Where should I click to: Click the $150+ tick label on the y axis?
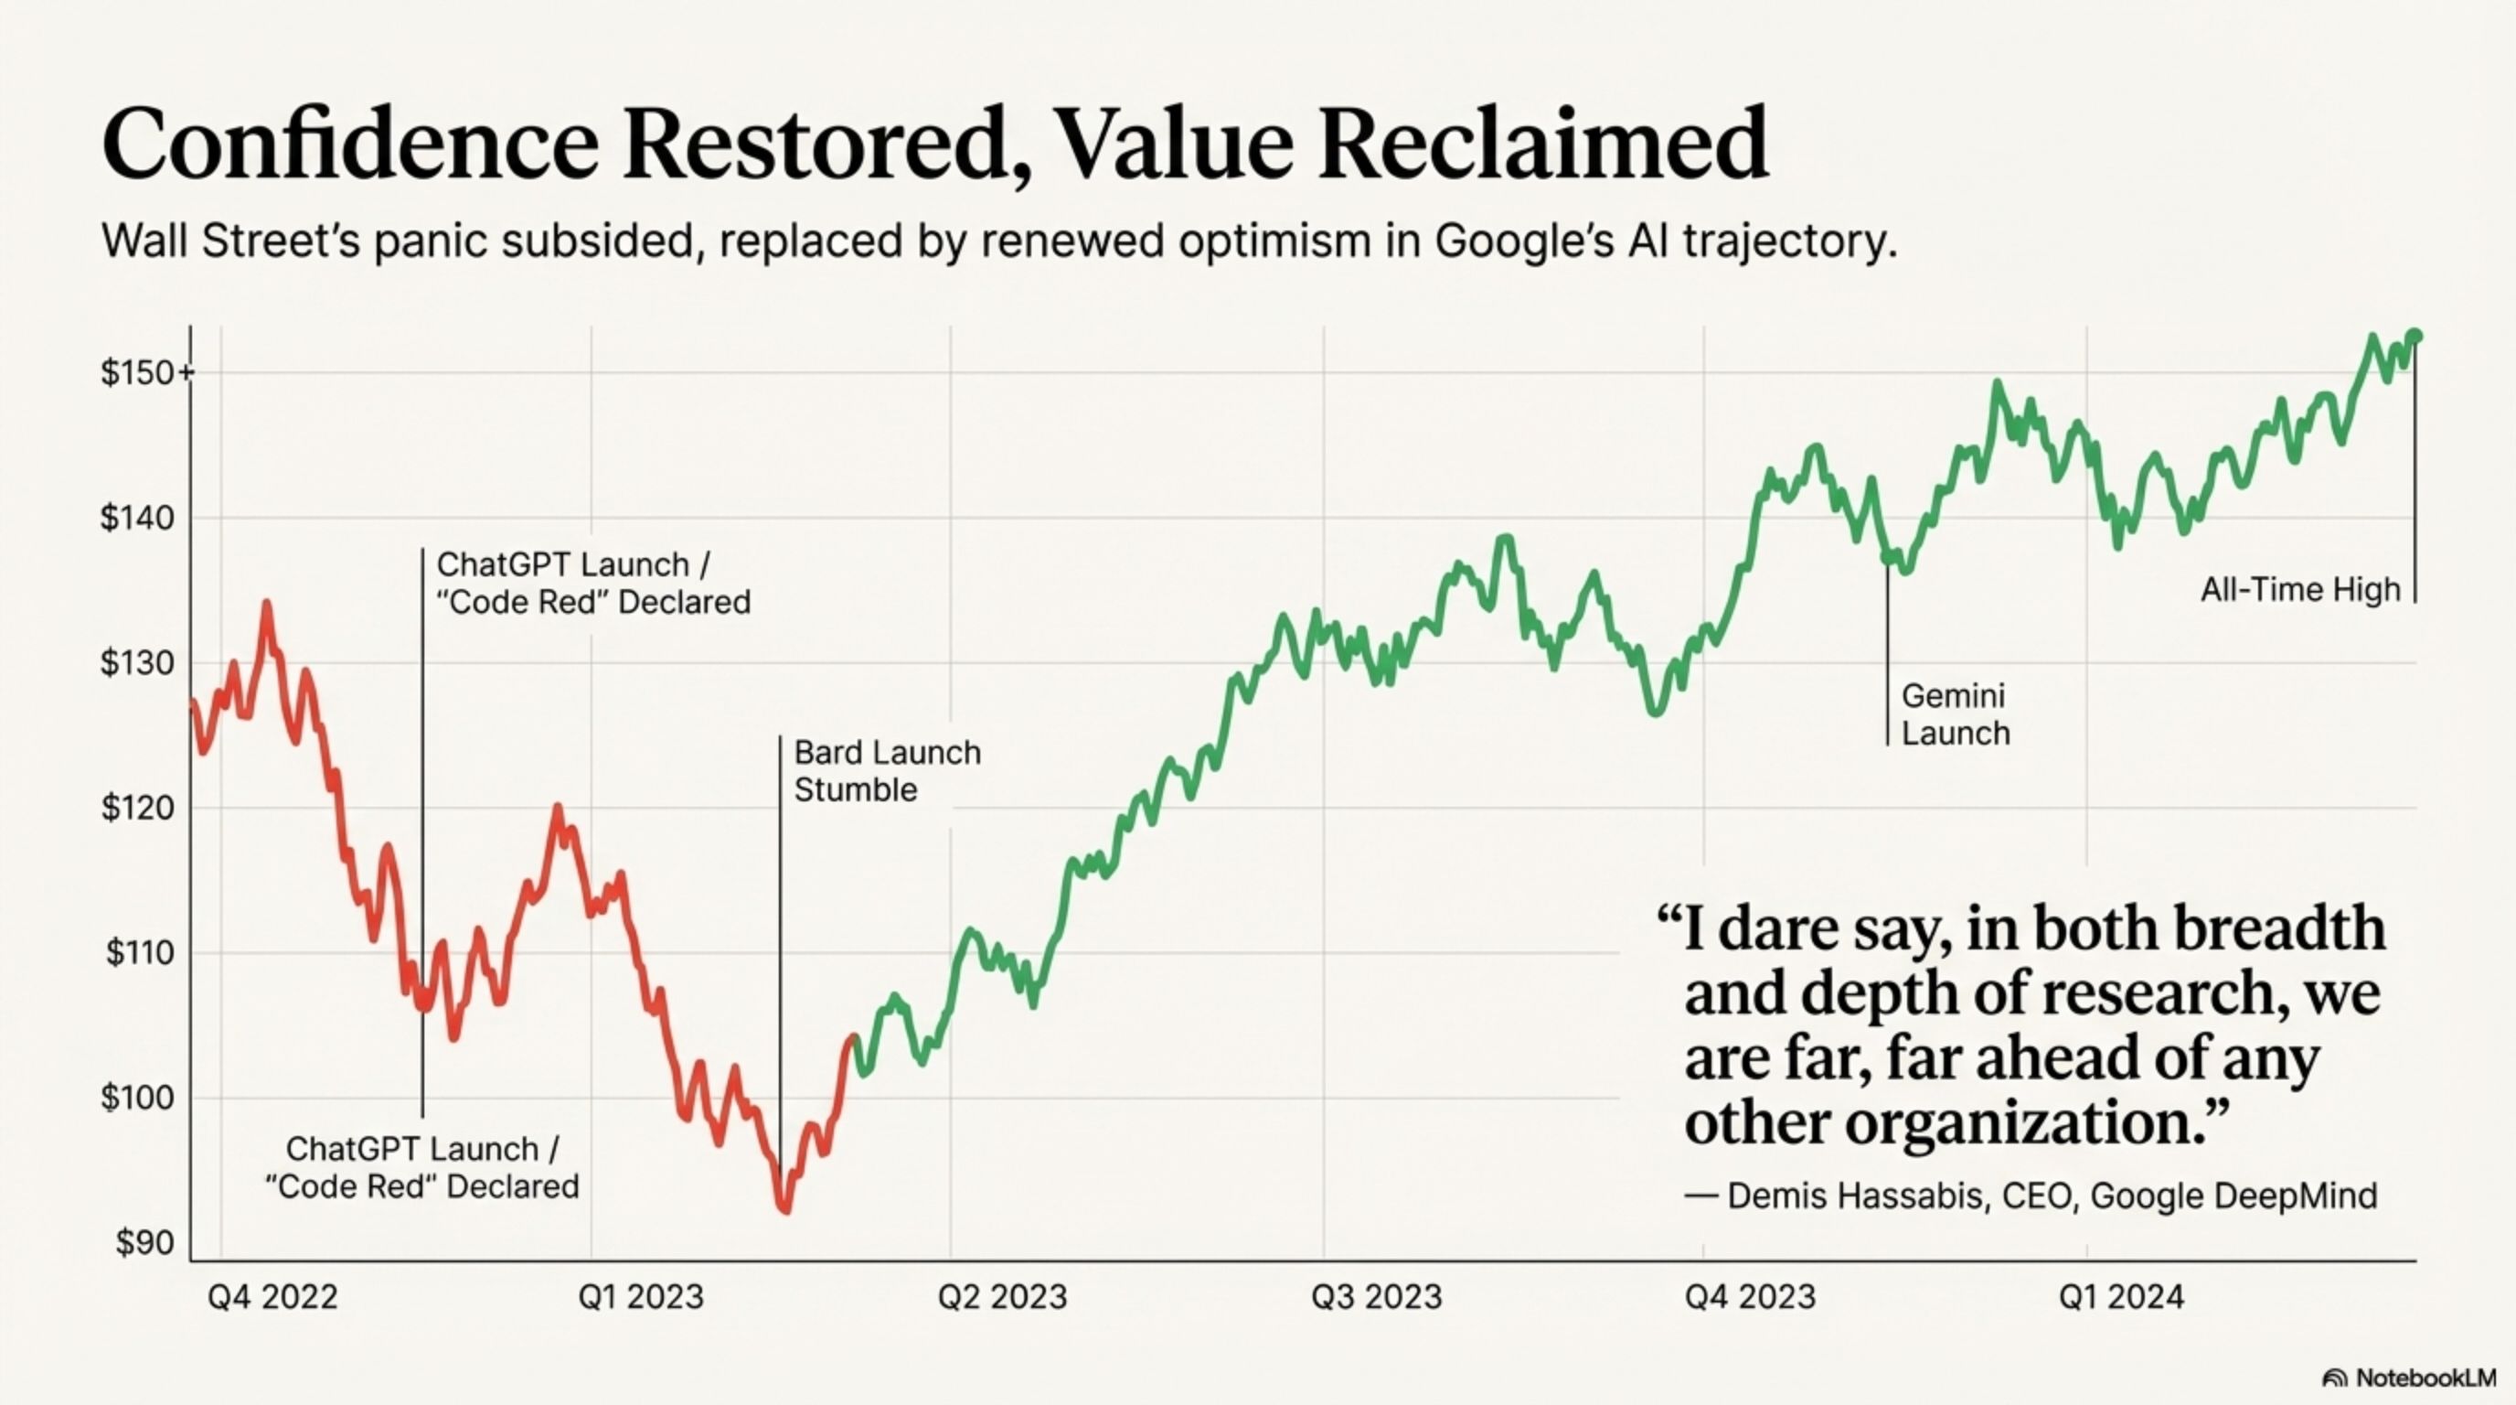click(146, 372)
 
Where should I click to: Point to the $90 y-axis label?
click(144, 1243)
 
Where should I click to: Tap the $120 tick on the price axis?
click(138, 808)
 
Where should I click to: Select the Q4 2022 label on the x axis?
click(272, 1296)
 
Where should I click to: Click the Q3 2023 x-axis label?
click(1376, 1296)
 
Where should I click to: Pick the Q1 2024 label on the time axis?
click(2121, 1296)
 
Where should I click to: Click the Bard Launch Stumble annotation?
click(887, 771)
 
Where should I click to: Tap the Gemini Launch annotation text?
click(1956, 714)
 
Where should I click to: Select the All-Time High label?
click(2300, 589)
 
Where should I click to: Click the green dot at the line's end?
click(2415, 336)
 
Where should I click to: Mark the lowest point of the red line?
click(785, 1209)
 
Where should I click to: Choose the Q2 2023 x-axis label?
click(1002, 1296)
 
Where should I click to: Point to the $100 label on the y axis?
click(138, 1099)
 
